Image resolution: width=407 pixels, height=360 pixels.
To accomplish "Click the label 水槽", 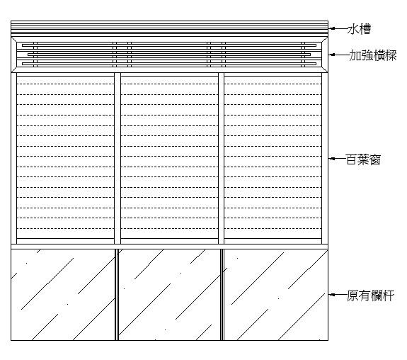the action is click(x=359, y=29).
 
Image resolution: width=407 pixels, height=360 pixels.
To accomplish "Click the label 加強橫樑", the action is click(x=373, y=55).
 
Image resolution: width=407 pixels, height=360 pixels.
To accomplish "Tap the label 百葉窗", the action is click(x=363, y=159).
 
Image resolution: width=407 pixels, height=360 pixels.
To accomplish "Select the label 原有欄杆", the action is click(x=370, y=296).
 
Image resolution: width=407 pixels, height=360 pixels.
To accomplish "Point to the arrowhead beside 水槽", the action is click(x=331, y=28).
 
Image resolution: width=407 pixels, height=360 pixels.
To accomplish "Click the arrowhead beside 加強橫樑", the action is click(x=331, y=55).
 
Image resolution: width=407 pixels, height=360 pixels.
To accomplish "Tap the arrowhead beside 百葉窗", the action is click(x=331, y=159).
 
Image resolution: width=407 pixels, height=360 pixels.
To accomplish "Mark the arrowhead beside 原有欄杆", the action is click(x=331, y=295).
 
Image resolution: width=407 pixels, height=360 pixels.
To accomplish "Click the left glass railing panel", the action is click(x=63, y=295).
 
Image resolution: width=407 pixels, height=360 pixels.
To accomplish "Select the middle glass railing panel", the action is click(x=169, y=295).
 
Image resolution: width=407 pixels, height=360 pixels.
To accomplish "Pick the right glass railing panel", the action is click(x=276, y=295).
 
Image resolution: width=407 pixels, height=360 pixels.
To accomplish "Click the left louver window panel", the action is click(x=65, y=158).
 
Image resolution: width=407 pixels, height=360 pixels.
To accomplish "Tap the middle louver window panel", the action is click(x=169, y=158).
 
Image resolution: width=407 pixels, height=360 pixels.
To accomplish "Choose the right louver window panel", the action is click(x=273, y=158).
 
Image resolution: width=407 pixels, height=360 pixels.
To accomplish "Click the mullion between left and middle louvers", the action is click(x=117, y=158).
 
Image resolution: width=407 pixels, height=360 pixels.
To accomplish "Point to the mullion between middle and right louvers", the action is click(x=221, y=158).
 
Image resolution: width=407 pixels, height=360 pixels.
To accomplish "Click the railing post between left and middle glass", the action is click(x=117, y=295).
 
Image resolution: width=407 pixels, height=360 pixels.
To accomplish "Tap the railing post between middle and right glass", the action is click(x=222, y=295).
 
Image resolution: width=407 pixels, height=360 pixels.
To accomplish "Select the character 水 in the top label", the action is click(x=353, y=29).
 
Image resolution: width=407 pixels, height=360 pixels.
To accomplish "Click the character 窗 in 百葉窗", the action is click(x=375, y=159).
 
